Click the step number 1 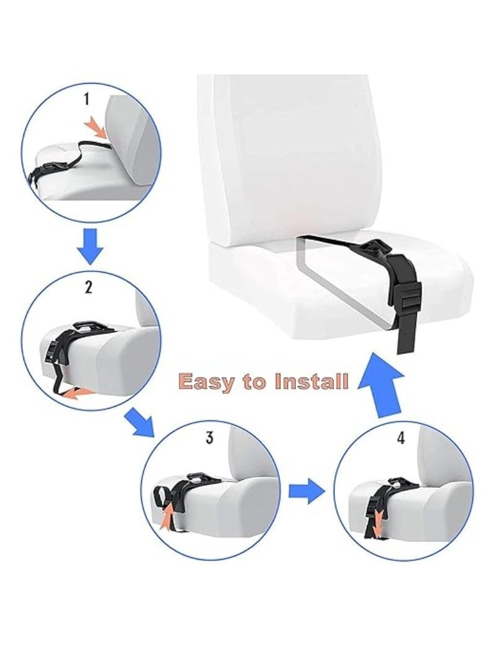pos(87,99)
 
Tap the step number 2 pos(89,286)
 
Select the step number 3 pos(209,438)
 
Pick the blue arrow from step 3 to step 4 pos(306,492)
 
